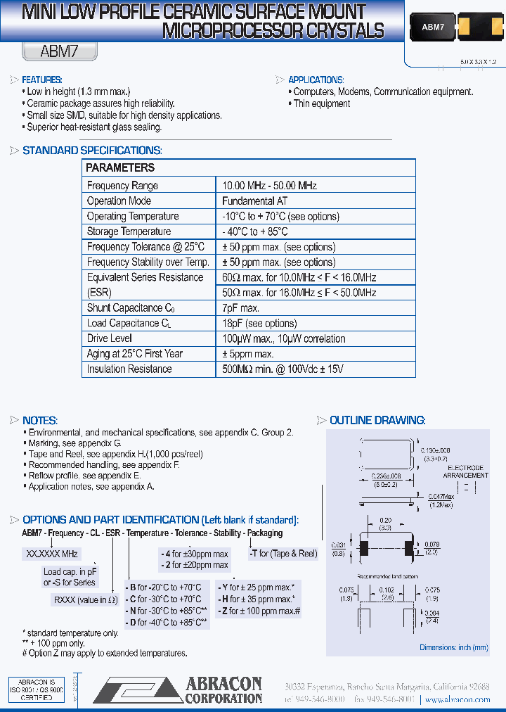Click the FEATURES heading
point(42,80)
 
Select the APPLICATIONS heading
point(316,80)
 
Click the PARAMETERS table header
point(119,168)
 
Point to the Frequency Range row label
point(122,186)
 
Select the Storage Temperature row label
point(129,231)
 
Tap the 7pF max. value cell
point(241,308)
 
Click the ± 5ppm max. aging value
point(248,354)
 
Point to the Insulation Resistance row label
point(129,369)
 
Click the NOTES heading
point(40,421)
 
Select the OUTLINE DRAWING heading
point(377,421)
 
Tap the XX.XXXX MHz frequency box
point(53,554)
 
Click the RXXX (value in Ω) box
point(85,600)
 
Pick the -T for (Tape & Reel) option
point(283,554)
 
